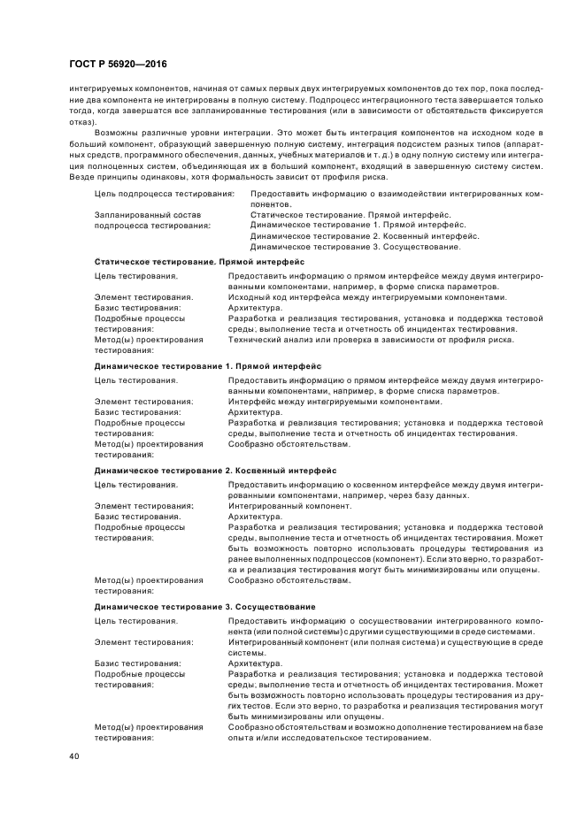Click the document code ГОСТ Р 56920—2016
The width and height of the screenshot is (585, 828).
[117, 65]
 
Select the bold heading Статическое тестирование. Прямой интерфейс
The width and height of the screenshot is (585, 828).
[199, 263]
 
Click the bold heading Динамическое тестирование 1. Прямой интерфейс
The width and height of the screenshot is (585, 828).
[208, 365]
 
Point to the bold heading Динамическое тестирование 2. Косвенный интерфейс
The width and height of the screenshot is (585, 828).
[215, 470]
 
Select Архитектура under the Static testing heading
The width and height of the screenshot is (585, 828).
[256, 308]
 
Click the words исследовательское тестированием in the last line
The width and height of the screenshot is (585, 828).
[364, 740]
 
